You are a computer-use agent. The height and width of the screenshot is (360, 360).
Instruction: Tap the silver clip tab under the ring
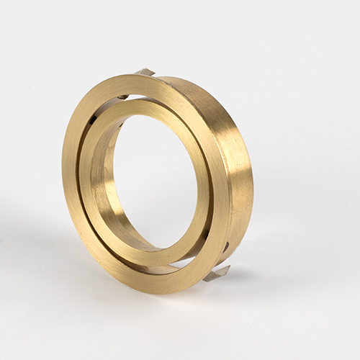(217, 273)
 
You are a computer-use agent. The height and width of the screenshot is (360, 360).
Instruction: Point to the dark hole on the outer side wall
(225, 247)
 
